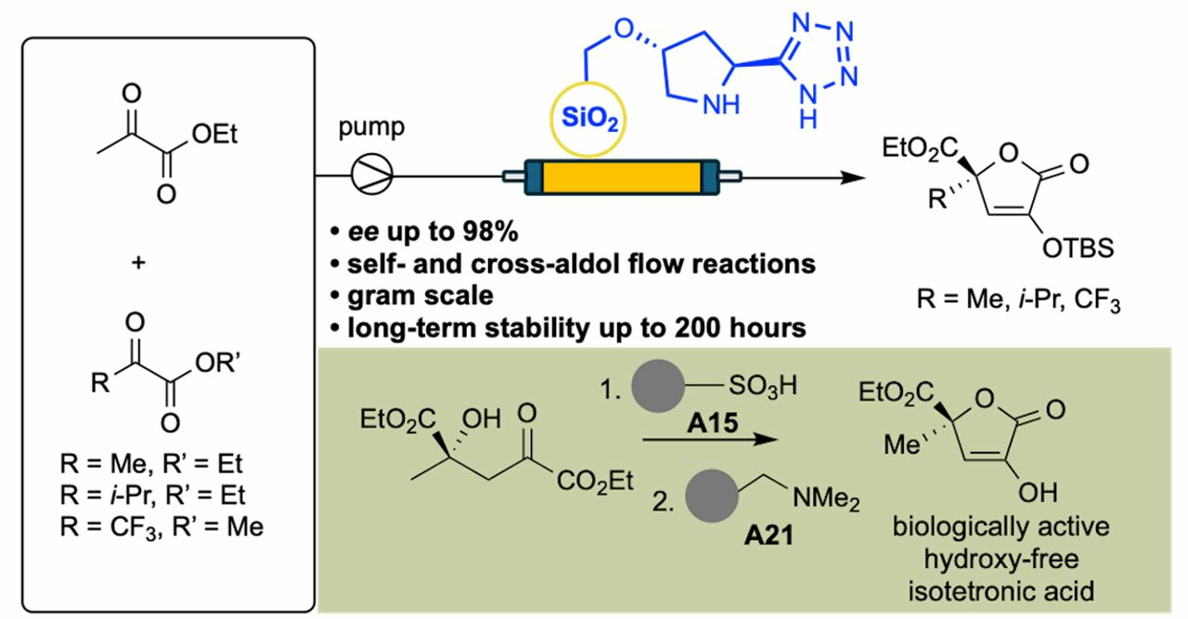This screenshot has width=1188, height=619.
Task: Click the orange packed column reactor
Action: (x=618, y=174)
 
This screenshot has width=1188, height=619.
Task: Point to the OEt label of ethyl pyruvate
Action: (x=215, y=137)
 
